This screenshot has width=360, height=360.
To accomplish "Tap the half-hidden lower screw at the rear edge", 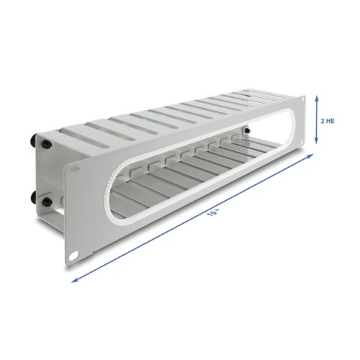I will click(33, 193).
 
